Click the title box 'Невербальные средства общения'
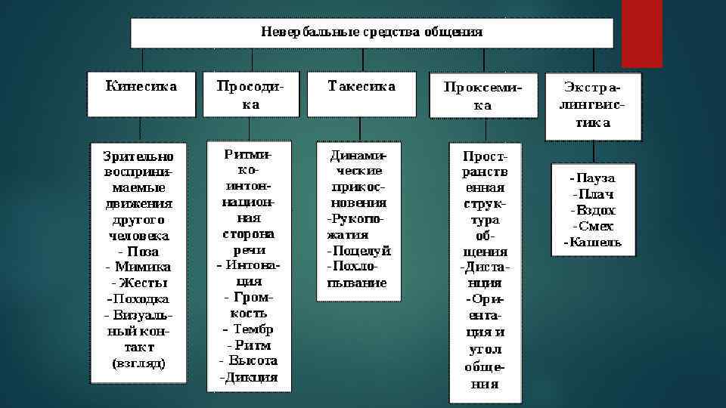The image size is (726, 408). coord(372,33)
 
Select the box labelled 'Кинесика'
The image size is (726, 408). coord(142,94)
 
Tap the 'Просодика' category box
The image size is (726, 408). coord(250,94)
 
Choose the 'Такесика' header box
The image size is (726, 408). coord(361,94)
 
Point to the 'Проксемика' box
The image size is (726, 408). coord(482,96)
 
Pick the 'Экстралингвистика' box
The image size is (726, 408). coord(593,107)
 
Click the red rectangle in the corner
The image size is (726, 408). coord(641,33)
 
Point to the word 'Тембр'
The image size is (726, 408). coord(253,329)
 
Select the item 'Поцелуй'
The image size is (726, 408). coord(360,250)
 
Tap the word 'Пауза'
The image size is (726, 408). coord(595,178)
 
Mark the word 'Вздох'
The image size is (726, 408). coord(595,210)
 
